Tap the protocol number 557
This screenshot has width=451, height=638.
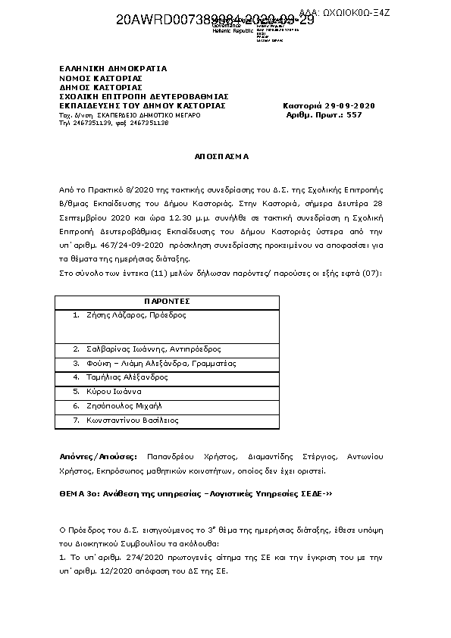click(x=354, y=114)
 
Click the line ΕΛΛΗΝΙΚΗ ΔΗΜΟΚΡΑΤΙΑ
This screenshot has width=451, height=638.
click(x=113, y=69)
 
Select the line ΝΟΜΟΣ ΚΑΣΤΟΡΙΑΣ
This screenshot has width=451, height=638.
click(x=101, y=78)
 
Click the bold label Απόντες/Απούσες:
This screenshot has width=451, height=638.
click(x=99, y=457)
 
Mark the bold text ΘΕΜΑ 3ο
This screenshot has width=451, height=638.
click(x=77, y=493)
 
